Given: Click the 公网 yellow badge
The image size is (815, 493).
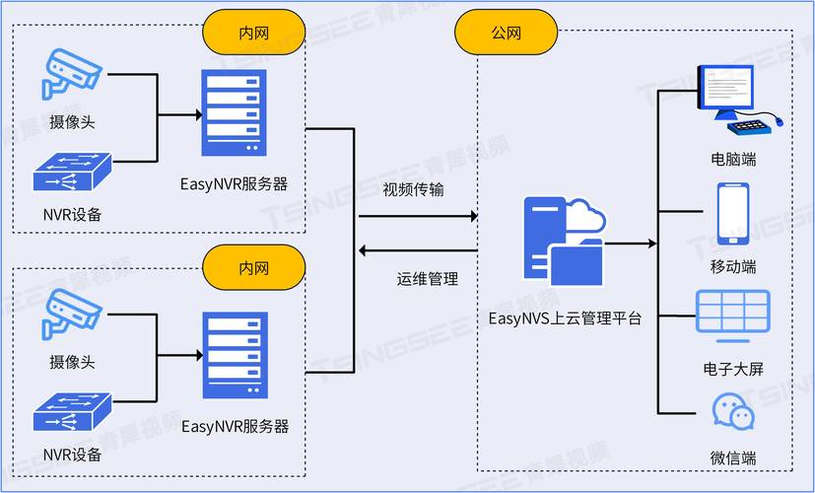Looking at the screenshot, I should (x=506, y=33).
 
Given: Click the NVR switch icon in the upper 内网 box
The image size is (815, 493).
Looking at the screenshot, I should (x=72, y=173).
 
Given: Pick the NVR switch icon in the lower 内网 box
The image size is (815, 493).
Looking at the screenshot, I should (x=72, y=412).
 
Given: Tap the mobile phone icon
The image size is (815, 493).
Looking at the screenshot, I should (x=732, y=213).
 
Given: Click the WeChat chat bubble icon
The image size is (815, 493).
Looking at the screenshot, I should (x=732, y=413).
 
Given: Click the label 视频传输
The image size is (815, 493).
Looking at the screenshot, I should (x=413, y=189).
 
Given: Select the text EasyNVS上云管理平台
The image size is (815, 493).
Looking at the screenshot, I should (x=565, y=318).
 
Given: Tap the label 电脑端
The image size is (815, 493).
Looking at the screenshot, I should (x=733, y=159).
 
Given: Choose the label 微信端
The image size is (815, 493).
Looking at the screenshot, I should (x=733, y=458).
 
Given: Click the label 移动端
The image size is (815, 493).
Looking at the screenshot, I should (x=733, y=267).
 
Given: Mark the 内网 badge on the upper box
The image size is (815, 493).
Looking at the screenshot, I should (x=253, y=33).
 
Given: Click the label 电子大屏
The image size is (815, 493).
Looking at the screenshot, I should (x=733, y=370).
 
